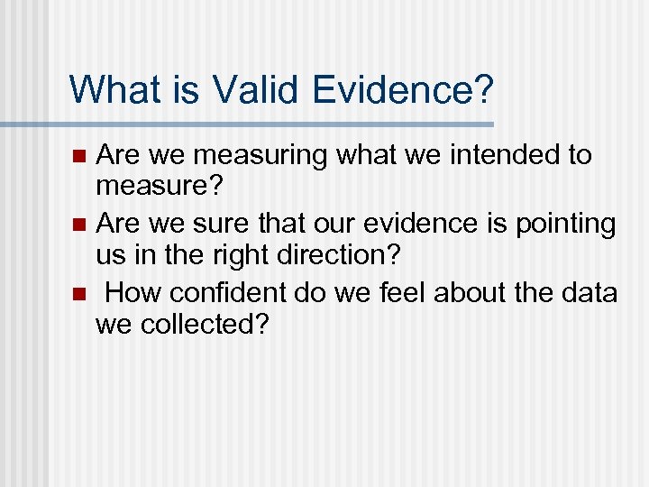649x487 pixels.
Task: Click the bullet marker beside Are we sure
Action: pyautogui.click(x=79, y=224)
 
